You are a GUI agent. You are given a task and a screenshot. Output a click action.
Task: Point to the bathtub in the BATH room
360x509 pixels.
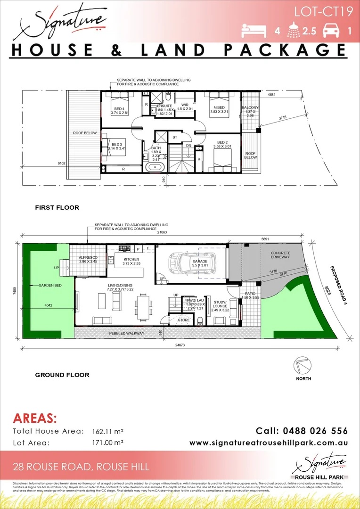(155, 167)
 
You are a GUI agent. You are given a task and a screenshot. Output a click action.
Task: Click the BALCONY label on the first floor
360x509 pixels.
(250, 108)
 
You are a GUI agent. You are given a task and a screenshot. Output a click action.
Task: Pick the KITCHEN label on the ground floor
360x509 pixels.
(131, 259)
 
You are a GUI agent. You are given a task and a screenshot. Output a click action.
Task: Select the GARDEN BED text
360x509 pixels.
(42, 285)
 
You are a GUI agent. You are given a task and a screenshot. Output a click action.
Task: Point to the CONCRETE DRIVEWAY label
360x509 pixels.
(280, 255)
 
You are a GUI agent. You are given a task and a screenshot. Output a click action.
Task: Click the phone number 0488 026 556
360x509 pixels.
(302, 431)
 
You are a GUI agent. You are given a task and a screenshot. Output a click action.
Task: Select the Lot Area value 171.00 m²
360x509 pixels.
(108, 443)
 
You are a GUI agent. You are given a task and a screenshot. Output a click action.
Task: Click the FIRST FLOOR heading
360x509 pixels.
(57, 207)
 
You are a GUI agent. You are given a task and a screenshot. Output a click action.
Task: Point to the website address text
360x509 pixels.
(269, 443)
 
